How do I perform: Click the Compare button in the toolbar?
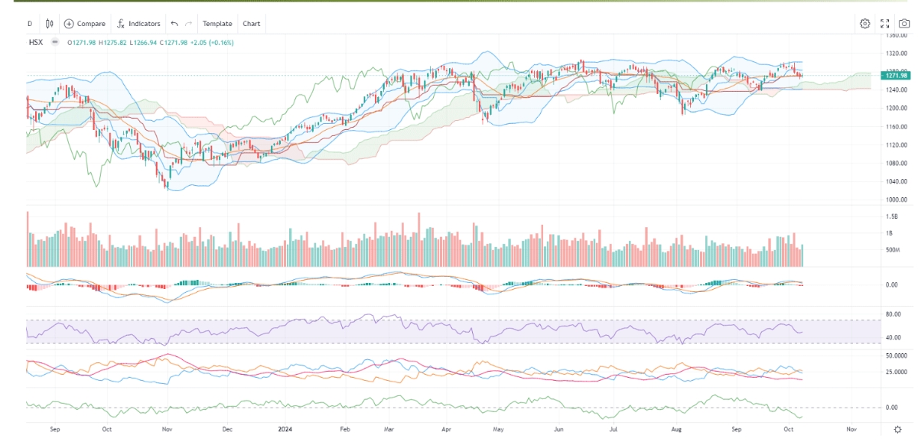coord(84,24)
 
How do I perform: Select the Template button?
coord(217,24)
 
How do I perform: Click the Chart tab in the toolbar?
coord(252,24)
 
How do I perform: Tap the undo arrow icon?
coord(174,24)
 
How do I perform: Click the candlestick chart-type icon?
coord(50,24)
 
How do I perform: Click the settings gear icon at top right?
coord(864,24)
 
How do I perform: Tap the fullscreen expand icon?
coord(884,24)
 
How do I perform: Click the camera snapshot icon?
coord(903,24)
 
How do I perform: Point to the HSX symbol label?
coord(35,42)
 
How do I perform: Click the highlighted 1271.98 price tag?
coord(895,75)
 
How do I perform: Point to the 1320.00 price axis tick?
coord(896,54)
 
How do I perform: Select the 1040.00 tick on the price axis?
coord(896,181)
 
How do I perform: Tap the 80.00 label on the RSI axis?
coord(891,314)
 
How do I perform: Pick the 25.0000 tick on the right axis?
coord(896,372)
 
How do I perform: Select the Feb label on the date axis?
coord(344,430)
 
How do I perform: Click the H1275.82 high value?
coord(113,42)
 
